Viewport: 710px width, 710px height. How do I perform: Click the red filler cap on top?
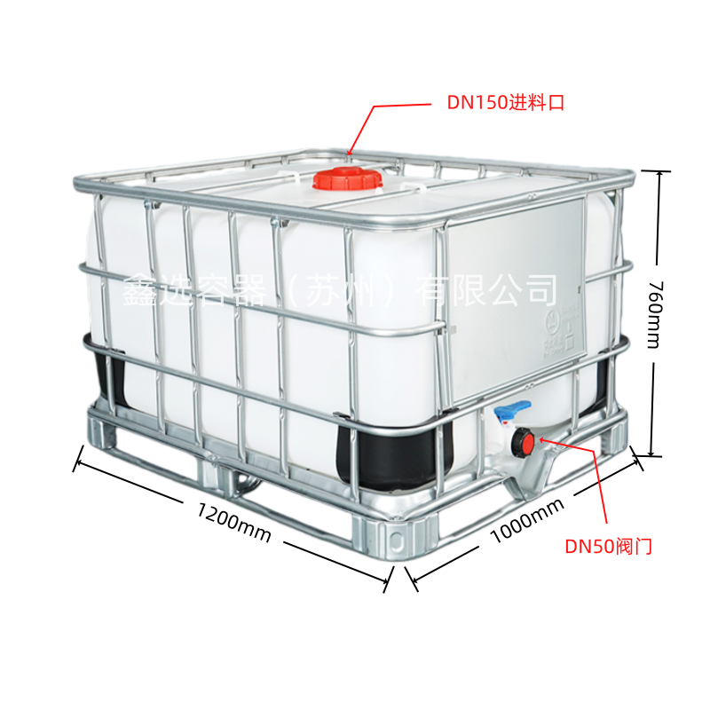(347, 178)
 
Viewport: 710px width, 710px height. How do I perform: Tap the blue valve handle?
(512, 409)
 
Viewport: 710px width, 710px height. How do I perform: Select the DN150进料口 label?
(506, 103)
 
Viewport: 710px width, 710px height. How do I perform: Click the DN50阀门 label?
(608, 546)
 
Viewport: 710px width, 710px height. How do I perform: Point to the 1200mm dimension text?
(233, 522)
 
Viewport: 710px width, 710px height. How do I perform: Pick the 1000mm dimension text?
(527, 520)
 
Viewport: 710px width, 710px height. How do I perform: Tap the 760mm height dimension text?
(655, 314)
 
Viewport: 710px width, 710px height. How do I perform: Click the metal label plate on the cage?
(515, 299)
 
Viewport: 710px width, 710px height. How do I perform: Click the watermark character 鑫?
(140, 291)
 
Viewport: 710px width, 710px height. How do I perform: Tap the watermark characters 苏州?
(342, 290)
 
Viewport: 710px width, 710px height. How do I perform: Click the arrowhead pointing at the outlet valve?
(542, 439)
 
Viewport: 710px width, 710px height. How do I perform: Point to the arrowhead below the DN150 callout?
(349, 153)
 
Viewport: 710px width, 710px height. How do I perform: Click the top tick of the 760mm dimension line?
(658, 171)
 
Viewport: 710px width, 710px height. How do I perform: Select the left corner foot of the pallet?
(102, 428)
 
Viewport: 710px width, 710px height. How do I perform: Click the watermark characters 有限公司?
(485, 290)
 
